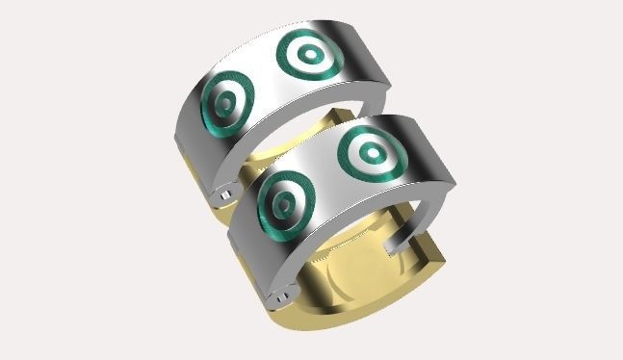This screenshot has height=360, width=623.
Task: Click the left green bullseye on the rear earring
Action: [225, 102]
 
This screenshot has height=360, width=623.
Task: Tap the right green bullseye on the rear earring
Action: [308, 57]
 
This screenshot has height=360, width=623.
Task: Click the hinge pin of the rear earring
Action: [223, 194]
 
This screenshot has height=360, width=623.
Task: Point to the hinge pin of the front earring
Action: [280, 297]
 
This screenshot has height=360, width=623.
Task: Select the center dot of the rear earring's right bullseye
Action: [309, 56]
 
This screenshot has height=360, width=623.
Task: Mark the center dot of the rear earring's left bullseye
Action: [226, 102]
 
